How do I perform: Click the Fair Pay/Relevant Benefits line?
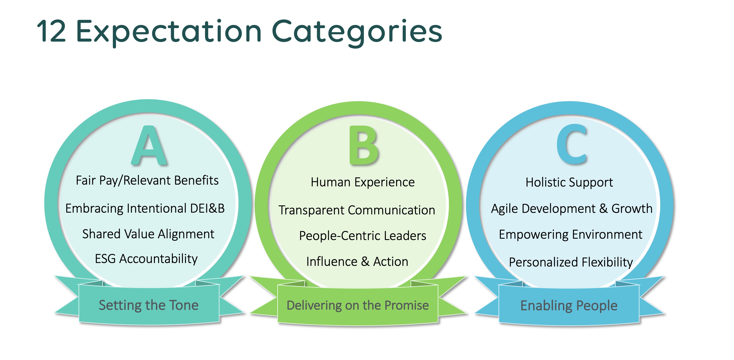[147, 180]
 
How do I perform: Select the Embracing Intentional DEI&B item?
[145, 208]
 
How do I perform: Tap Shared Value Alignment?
[148, 234]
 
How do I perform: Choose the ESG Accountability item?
[146, 259]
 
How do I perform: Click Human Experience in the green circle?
[363, 182]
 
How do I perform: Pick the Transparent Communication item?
[357, 210]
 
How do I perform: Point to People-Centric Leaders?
[362, 236]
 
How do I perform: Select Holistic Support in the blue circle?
[569, 182]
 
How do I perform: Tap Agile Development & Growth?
[572, 209]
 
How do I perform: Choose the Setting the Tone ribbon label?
[148, 305]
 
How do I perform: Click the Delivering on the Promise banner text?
[358, 305]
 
